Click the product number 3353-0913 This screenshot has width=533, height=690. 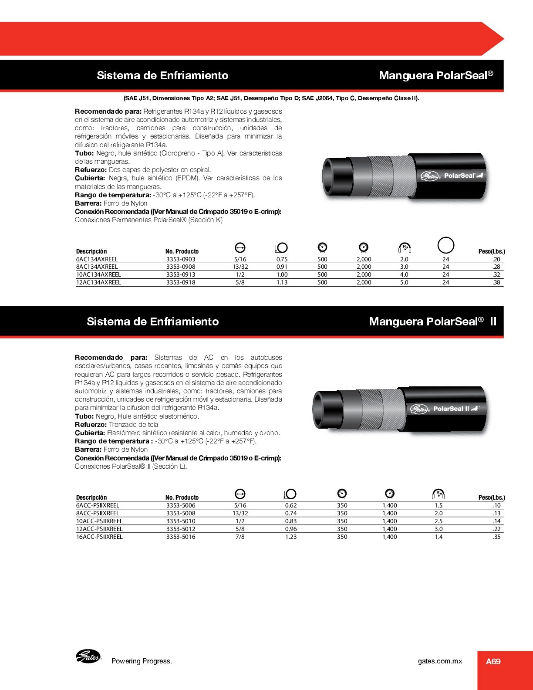(181, 275)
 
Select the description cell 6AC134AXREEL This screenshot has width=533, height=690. (97, 259)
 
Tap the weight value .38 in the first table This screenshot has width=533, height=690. (496, 283)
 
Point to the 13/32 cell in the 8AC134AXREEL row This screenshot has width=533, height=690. (240, 267)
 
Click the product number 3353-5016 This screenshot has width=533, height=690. (181, 537)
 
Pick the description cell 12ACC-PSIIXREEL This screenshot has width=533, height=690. (99, 529)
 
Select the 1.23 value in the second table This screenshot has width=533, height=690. (291, 537)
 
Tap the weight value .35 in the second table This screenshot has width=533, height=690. (496, 537)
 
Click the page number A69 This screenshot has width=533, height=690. (493, 662)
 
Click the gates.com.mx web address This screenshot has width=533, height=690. (440, 661)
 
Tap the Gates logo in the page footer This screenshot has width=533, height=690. (88, 656)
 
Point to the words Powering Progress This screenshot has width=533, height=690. (142, 661)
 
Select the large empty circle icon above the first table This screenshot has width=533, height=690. (445, 245)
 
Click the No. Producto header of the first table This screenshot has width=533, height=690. (182, 251)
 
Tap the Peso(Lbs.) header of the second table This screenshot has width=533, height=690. (492, 497)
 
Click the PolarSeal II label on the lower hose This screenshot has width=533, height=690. (451, 409)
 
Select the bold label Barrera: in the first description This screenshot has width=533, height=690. (88, 203)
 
